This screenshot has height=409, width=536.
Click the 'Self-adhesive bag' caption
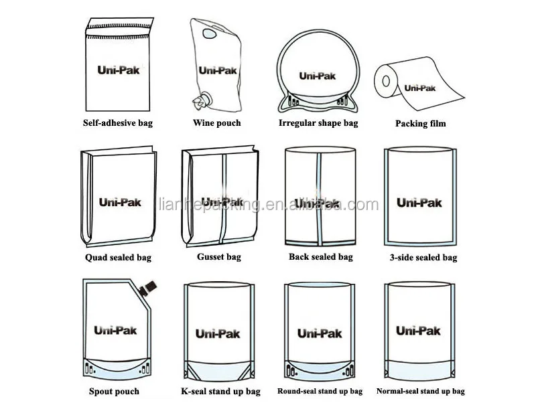pos(117,123)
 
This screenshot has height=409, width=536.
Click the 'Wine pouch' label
pos(216,123)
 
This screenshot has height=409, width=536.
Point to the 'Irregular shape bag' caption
pos(318,123)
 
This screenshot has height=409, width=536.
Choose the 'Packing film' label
pos(420,124)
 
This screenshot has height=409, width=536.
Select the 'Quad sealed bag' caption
pos(118,258)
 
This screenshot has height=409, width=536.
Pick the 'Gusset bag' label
pos(218,257)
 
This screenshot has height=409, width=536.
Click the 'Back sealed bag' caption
pos(320,256)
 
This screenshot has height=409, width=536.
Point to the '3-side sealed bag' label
pos(423,258)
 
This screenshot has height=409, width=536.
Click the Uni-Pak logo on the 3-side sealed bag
pos(419,202)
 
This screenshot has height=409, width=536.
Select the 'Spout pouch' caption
pos(114,392)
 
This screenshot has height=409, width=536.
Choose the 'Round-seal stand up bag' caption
pos(320,392)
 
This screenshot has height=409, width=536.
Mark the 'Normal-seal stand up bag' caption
pos(420,392)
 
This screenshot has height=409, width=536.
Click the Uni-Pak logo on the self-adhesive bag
pos(119,70)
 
